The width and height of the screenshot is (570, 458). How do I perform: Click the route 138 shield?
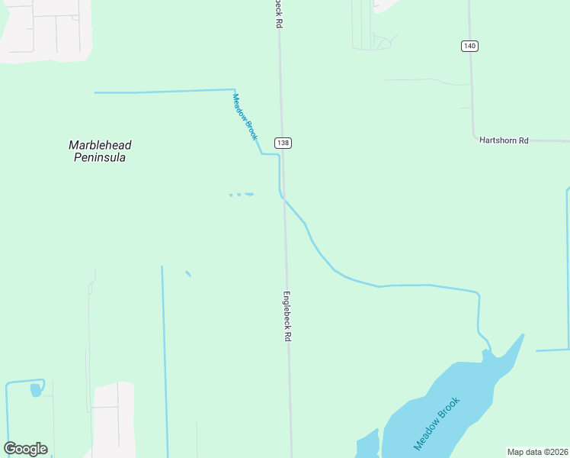pyautogui.click(x=283, y=143)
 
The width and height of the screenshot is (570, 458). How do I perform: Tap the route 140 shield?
pyautogui.click(x=469, y=46)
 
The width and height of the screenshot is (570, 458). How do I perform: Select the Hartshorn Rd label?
pyautogui.click(x=503, y=140)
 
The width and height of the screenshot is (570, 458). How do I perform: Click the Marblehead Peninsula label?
pyautogui.click(x=97, y=151)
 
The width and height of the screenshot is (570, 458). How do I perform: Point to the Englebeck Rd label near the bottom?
pyautogui.click(x=288, y=315)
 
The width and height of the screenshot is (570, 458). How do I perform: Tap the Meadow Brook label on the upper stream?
pyautogui.click(x=245, y=116)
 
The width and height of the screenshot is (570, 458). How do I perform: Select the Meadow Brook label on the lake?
pyautogui.click(x=437, y=423)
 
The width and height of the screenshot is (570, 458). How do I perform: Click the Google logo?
pyautogui.click(x=26, y=448)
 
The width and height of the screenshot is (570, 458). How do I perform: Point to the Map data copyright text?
pyautogui.click(x=538, y=452)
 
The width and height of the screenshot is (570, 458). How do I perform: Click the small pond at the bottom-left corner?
pyautogui.click(x=35, y=390)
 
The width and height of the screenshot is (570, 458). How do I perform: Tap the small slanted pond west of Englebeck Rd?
pyautogui.click(x=187, y=273)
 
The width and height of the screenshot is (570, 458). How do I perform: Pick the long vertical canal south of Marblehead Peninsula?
pyautogui.click(x=164, y=359)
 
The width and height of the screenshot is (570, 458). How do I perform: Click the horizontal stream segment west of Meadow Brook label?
pyautogui.click(x=164, y=92)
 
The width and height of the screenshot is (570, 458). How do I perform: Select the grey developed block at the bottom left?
pyautogui.click(x=113, y=420)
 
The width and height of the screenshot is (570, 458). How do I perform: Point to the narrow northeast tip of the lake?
pyautogui.click(x=521, y=337)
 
